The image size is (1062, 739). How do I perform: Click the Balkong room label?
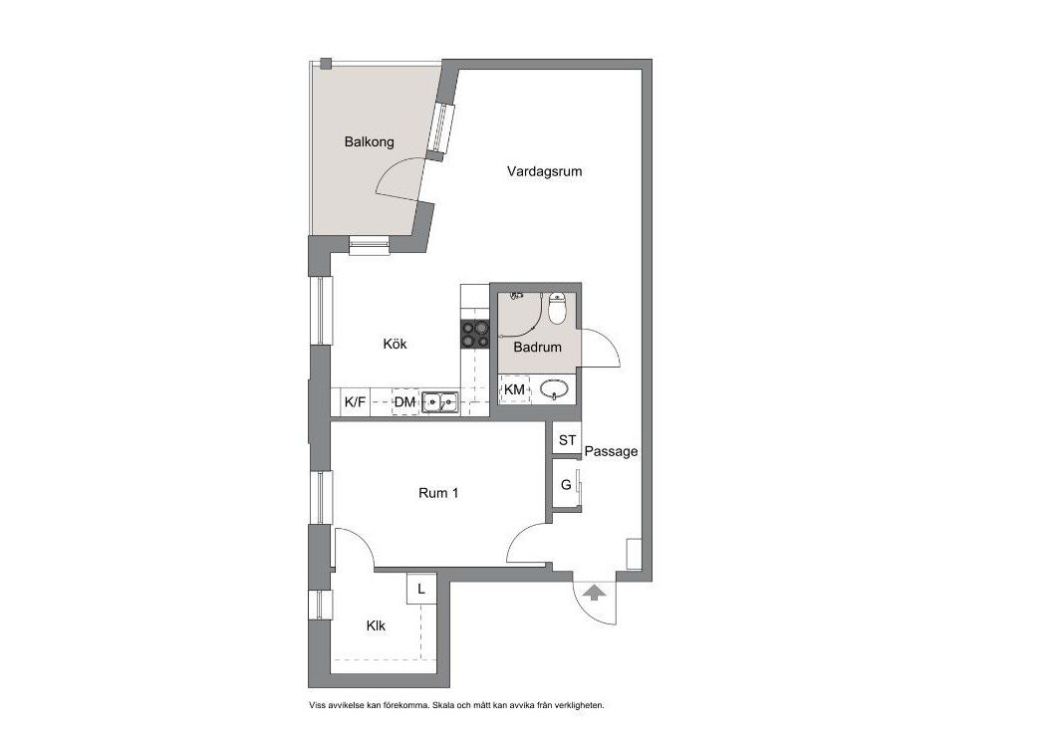pos(370,142)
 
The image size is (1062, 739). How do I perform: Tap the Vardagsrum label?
pos(545,171)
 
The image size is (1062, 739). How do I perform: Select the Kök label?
pos(395,344)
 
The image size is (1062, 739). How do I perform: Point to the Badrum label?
pos(537,348)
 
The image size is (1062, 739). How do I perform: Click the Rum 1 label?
pos(438,493)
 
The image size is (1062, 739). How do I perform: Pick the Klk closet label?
pos(376,625)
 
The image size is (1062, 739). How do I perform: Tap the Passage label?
pos(611,452)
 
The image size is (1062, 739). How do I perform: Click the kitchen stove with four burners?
pos(475,334)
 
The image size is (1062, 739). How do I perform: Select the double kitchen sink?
pos(439,402)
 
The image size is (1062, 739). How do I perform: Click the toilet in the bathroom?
pos(557,308)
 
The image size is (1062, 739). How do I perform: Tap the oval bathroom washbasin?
pos(555,390)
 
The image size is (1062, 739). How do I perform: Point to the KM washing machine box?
pos(515,389)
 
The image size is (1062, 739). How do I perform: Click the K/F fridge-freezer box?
pos(355,402)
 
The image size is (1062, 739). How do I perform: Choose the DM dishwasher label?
pos(405,402)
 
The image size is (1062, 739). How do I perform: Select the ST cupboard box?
pos(567,440)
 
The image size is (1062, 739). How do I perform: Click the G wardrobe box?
pos(566,485)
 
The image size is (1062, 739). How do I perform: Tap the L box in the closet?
pos(420,590)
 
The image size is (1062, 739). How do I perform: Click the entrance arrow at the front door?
pos(594,593)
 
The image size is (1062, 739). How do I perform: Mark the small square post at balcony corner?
pos(326,65)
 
